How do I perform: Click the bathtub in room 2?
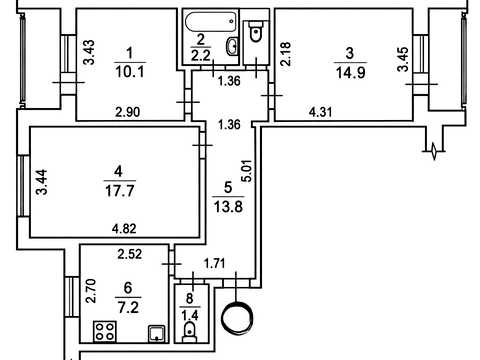coord(211,22)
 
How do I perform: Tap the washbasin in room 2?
coord(232,46)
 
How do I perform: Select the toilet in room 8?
coord(190,332)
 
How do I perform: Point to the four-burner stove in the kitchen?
coord(105,331)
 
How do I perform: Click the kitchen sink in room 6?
coord(157,334)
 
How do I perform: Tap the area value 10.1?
coord(130,72)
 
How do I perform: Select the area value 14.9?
coord(351,72)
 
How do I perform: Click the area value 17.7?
coord(120,191)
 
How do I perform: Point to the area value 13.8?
coord(228,207)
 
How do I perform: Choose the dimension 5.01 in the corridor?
coord(248,171)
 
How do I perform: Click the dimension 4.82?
coord(124,229)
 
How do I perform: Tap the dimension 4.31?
coord(321,112)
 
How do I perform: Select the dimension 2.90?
coord(128,112)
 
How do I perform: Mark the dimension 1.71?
coord(215,264)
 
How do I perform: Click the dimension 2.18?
coord(286,53)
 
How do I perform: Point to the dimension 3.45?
coord(403,59)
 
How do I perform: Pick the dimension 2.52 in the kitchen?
coord(130,254)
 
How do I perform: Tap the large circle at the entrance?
coord(238,317)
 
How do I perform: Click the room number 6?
coord(128,288)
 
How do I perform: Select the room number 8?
coord(190,298)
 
